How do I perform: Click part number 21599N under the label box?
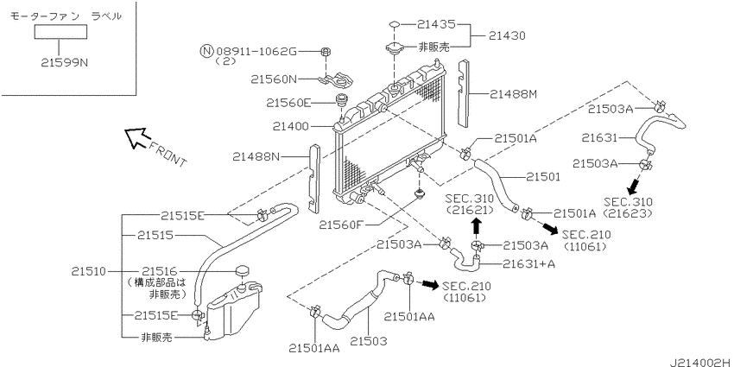(64, 62)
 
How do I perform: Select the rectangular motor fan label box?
(60, 32)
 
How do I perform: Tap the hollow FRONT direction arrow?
(136, 138)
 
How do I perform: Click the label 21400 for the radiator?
(292, 126)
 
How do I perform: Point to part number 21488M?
(513, 95)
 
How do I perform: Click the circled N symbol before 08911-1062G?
(206, 51)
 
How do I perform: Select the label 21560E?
(288, 102)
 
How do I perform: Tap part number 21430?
(507, 35)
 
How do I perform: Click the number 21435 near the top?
(438, 23)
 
